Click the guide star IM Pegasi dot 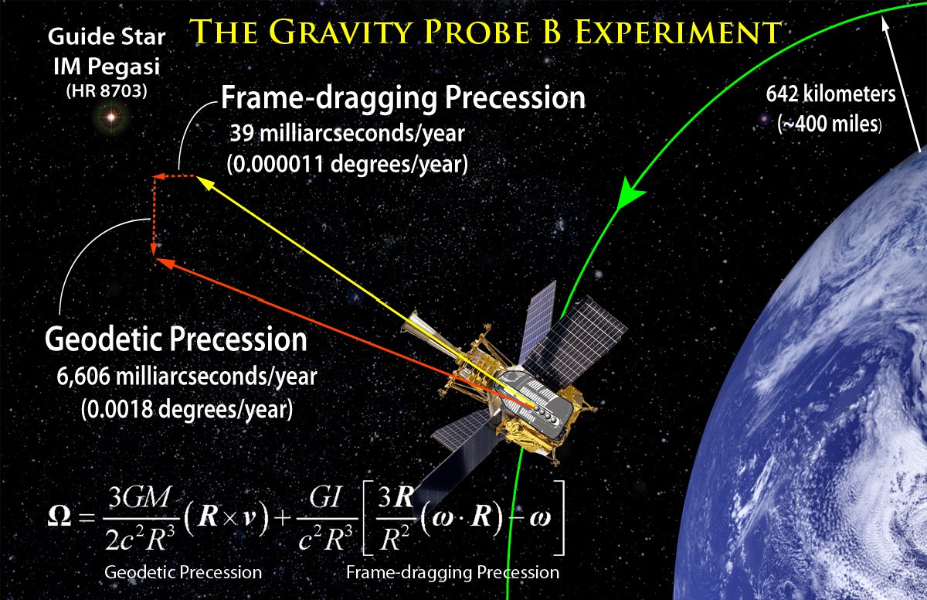tap(111, 118)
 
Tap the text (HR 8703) tap(107, 90)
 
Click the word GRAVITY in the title tap(342, 32)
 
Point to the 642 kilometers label tap(830, 94)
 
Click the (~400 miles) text tap(830, 124)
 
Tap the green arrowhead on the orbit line tap(630, 193)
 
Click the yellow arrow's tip tap(196, 177)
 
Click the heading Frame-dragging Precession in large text tap(403, 97)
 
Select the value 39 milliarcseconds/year tap(348, 133)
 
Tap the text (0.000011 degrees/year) tap(347, 165)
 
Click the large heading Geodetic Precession tap(176, 339)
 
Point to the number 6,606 tap(83, 377)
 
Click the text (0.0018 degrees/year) tap(187, 409)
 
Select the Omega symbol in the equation tap(59, 516)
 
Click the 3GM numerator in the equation tap(139, 497)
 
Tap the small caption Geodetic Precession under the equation tap(183, 572)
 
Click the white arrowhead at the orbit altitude tap(885, 25)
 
